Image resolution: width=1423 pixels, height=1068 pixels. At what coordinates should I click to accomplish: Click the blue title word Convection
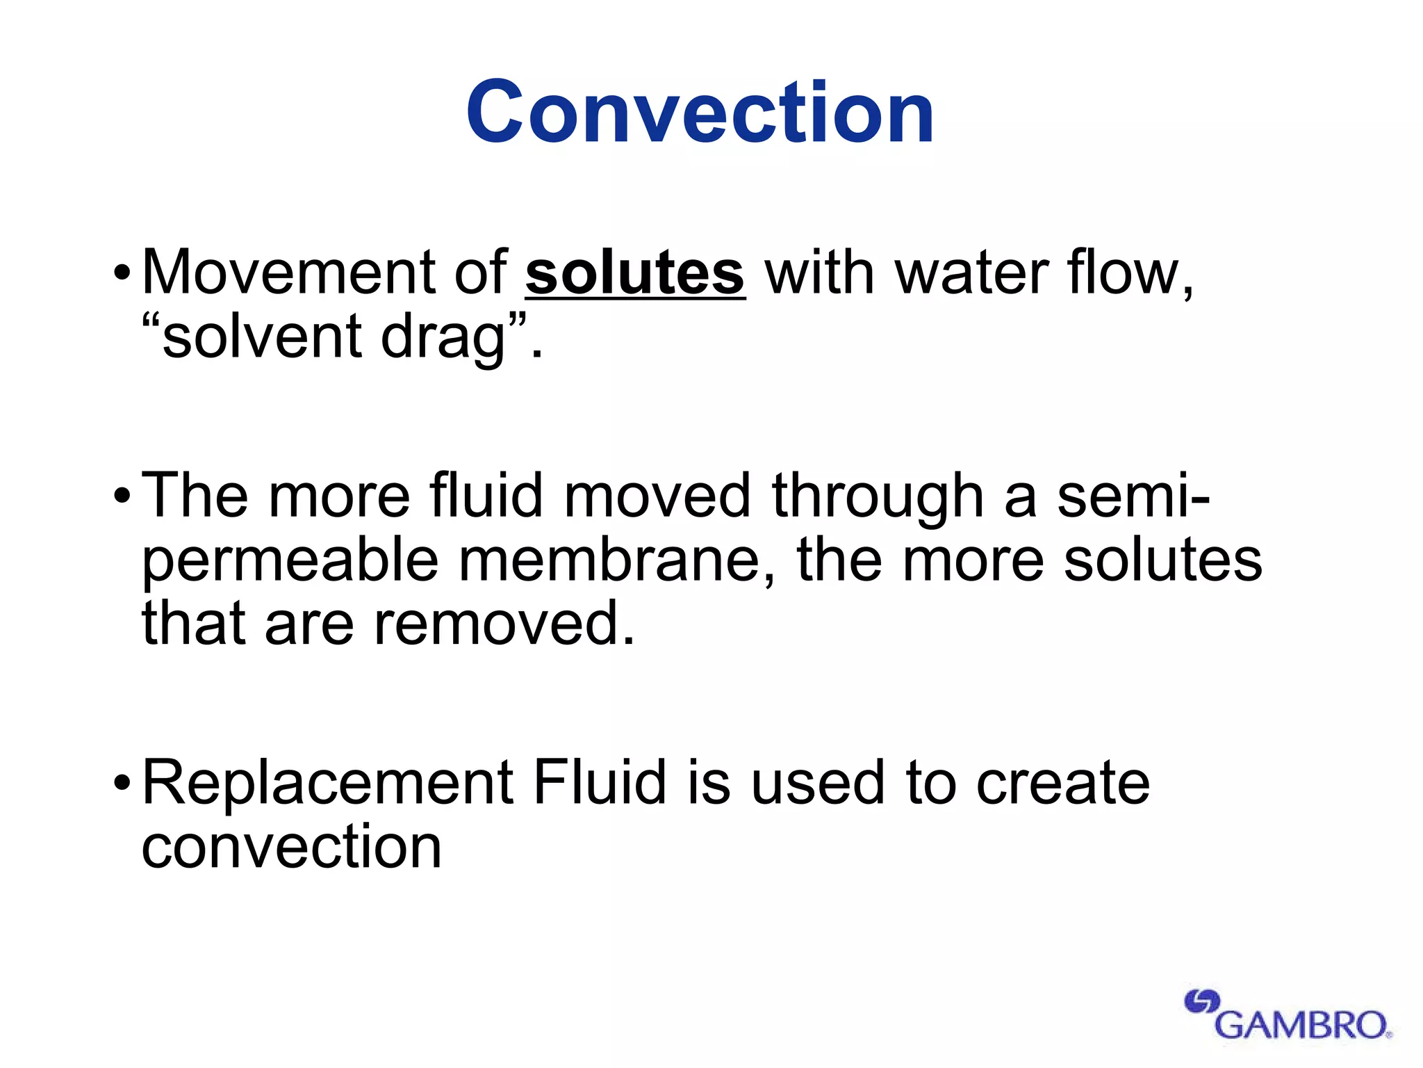[700, 113]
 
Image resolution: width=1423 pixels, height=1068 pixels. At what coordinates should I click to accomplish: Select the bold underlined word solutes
[635, 273]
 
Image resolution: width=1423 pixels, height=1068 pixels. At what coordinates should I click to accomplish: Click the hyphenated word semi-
[1133, 496]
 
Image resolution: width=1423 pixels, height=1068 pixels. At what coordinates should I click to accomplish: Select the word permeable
[290, 562]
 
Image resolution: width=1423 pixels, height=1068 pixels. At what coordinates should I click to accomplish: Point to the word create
[1064, 784]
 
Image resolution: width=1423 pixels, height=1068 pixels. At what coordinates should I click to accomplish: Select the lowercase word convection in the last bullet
[292, 848]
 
